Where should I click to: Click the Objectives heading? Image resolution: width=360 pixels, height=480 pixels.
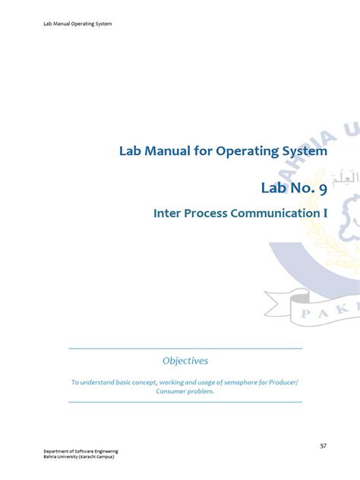(x=185, y=361)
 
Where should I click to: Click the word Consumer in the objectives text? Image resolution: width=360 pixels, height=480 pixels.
(x=174, y=391)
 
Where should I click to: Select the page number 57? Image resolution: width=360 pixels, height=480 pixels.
(x=323, y=445)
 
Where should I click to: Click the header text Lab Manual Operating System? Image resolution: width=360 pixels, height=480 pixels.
(x=77, y=24)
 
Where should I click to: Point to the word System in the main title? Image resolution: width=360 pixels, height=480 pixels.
(x=304, y=151)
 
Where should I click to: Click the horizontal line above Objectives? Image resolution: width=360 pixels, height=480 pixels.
(x=185, y=349)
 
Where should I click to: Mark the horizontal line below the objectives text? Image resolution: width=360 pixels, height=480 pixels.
(x=185, y=402)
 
